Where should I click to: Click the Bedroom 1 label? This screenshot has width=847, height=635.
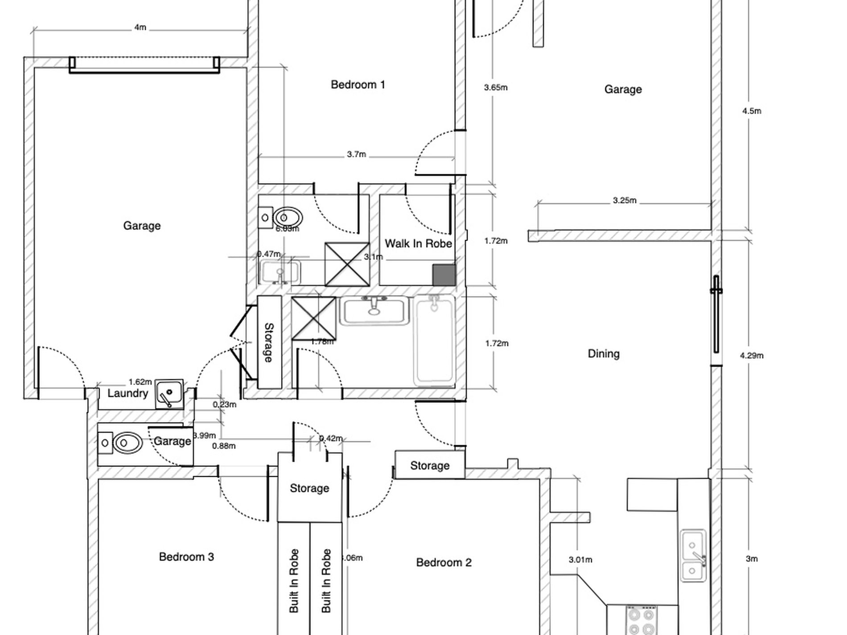click(x=358, y=85)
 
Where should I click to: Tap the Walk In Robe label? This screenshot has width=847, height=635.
click(x=418, y=244)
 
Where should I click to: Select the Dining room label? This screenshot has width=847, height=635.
click(x=604, y=354)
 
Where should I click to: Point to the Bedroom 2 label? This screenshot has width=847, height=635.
click(x=444, y=562)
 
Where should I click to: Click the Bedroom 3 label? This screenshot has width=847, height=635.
click(x=186, y=557)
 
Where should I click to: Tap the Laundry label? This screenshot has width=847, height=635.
click(x=127, y=393)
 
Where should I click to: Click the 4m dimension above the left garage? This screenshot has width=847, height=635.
click(x=140, y=28)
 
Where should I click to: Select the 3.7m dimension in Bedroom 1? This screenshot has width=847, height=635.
click(x=356, y=155)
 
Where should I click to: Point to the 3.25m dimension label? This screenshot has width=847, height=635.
click(x=624, y=201)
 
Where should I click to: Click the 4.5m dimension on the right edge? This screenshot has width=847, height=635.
click(x=752, y=111)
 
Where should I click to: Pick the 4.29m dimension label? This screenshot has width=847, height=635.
click(x=752, y=356)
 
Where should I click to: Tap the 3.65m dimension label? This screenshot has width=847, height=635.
click(x=496, y=88)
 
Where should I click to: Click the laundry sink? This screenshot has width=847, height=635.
click(x=169, y=394)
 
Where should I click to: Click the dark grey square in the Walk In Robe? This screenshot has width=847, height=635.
click(x=444, y=275)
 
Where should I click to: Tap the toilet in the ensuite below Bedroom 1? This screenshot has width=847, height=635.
click(x=288, y=218)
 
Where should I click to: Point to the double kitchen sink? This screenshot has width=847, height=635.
click(x=693, y=556)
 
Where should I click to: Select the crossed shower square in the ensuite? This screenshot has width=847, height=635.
click(x=347, y=264)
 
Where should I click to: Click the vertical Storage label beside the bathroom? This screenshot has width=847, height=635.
click(x=269, y=342)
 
